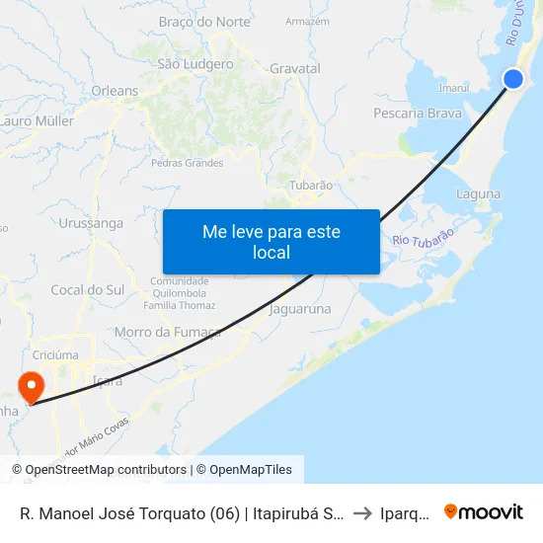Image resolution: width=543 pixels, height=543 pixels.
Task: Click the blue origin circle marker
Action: [512, 80]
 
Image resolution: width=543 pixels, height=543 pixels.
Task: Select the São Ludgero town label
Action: [195, 64]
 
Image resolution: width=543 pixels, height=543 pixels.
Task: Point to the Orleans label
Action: [115, 91]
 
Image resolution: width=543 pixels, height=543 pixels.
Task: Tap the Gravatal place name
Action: [295, 69]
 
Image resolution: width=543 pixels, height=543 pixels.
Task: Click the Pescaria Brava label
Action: [418, 114]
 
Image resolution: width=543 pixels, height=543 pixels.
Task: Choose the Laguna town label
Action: [479, 194]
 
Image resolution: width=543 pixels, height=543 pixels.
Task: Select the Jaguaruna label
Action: [300, 309]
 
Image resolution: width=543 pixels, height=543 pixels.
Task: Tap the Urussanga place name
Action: [91, 223]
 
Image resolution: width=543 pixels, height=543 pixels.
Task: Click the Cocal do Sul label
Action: [88, 289]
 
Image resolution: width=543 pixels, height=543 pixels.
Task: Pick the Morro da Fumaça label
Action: [168, 332]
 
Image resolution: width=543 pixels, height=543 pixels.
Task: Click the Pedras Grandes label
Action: [188, 163]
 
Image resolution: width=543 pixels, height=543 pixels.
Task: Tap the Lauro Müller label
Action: [38, 121]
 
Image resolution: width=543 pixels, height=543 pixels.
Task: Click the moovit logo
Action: [483, 511]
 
